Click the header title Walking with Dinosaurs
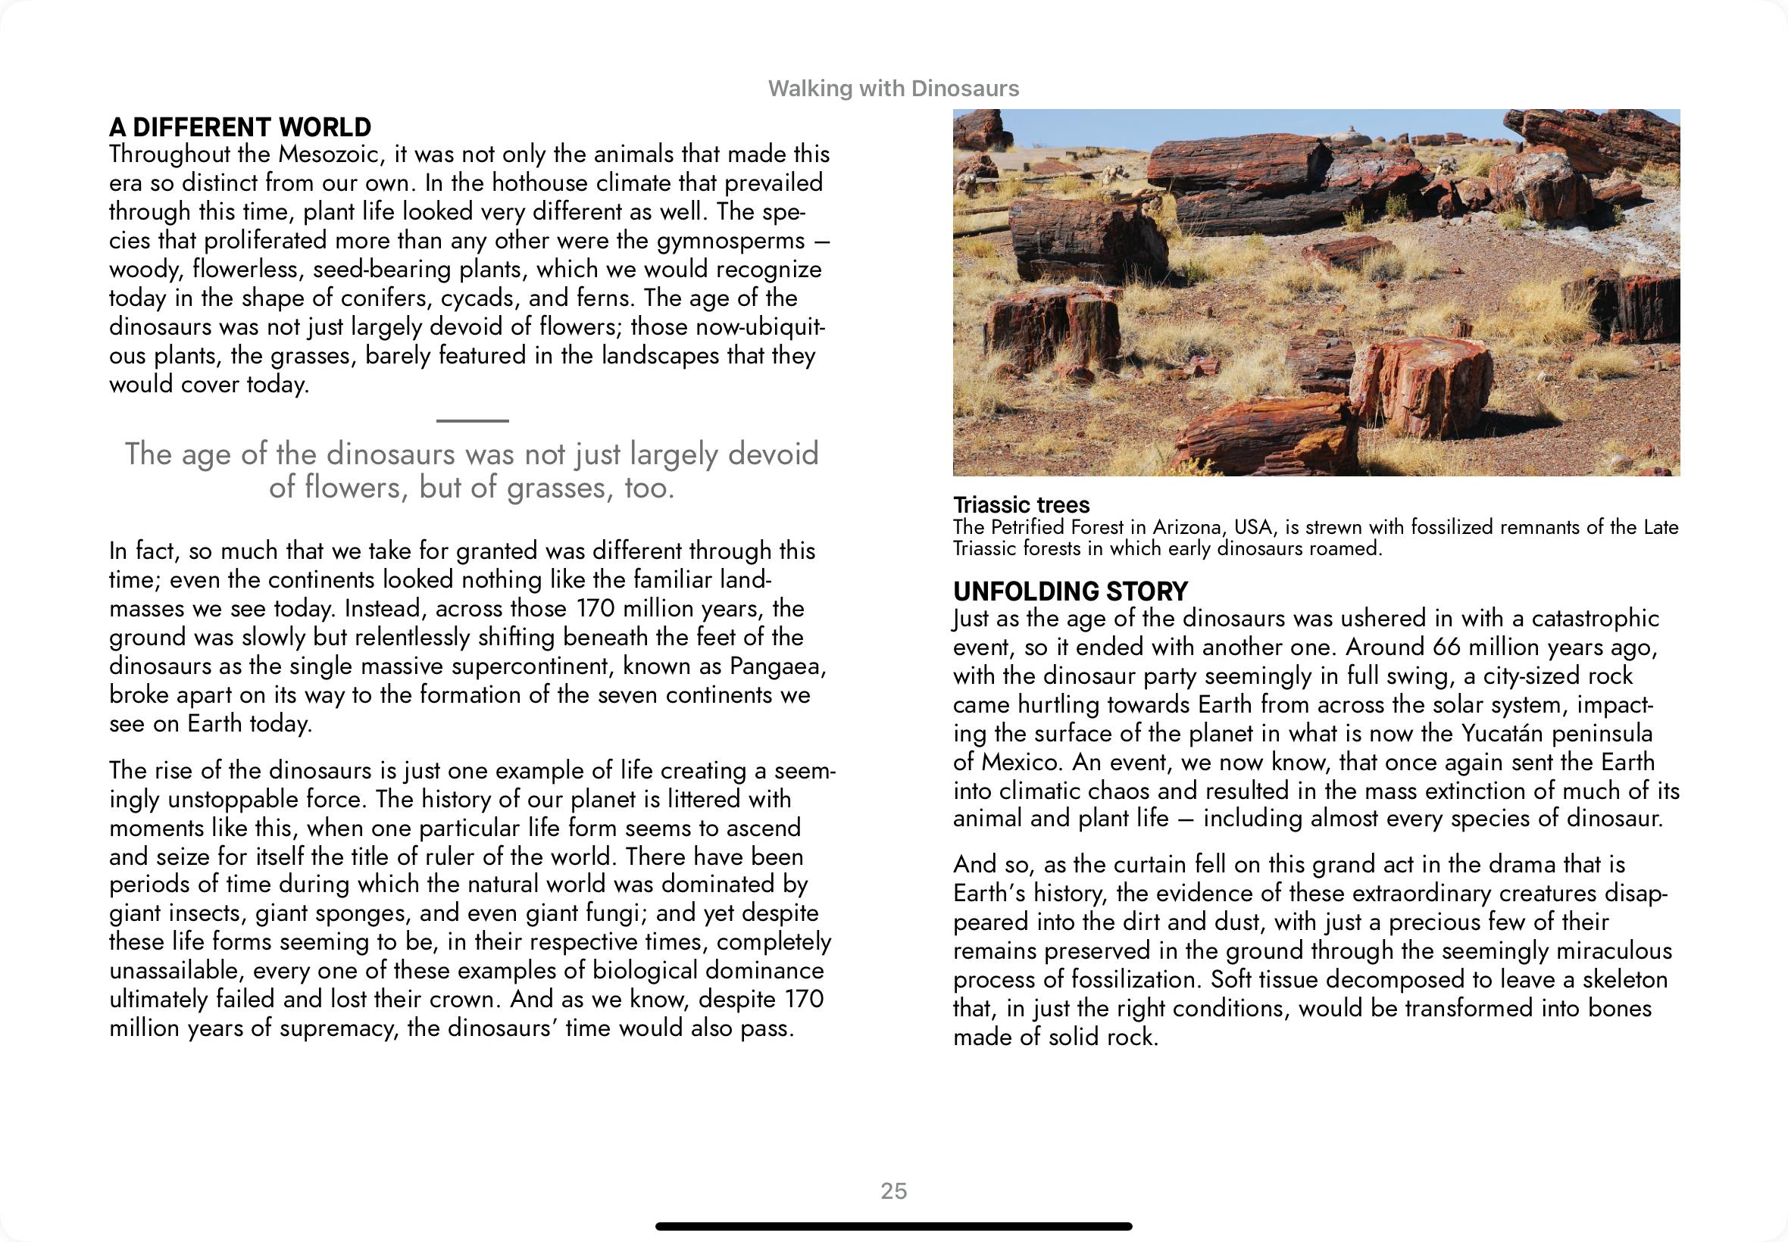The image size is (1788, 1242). (x=892, y=89)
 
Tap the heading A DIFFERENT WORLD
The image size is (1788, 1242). (x=239, y=126)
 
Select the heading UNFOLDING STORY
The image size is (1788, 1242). (x=1071, y=591)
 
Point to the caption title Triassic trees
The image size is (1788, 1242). (x=1021, y=505)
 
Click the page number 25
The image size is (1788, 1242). (x=893, y=1191)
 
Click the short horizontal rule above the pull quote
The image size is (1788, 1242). (x=472, y=420)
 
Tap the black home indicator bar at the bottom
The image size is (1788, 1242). (x=893, y=1226)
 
